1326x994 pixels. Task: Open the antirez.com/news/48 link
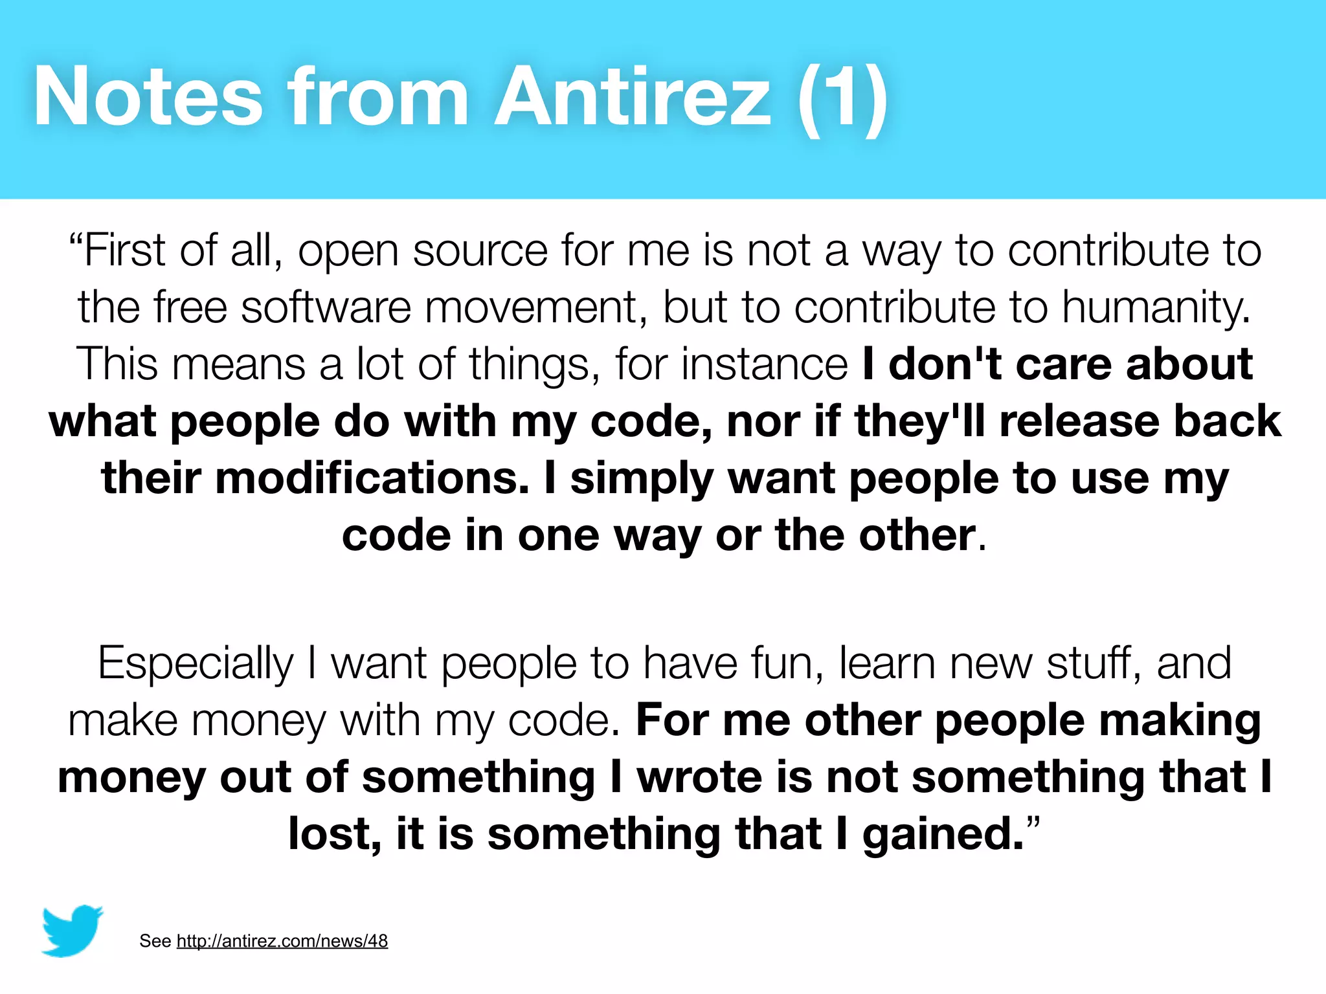282,940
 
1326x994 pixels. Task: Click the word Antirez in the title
633,97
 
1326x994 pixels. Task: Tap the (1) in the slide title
842,97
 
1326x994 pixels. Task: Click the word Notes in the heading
148,97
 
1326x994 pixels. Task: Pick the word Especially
196,664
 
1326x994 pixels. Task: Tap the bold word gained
943,835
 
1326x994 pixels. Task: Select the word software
326,307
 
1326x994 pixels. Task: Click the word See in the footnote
155,941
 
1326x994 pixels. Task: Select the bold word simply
642,479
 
